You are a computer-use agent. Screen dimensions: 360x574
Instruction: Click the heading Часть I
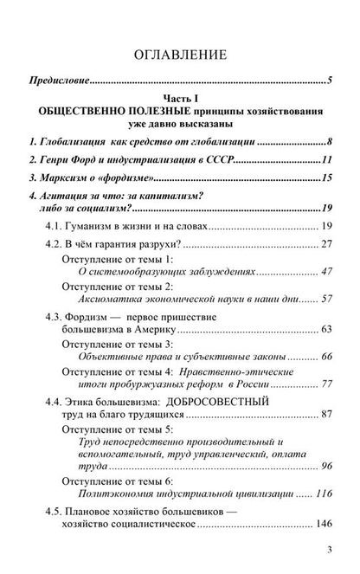(x=179, y=102)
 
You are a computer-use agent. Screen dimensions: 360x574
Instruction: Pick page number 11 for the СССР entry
(x=327, y=160)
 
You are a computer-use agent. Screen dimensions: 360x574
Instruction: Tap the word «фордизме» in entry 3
(x=122, y=180)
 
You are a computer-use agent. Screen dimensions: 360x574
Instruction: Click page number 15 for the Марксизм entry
(x=327, y=180)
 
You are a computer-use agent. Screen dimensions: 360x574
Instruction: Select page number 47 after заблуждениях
(x=327, y=272)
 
